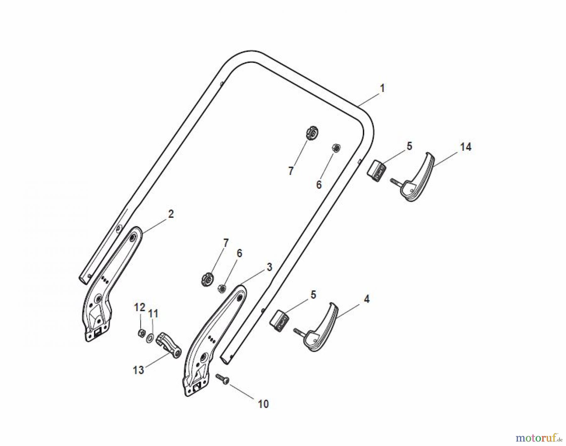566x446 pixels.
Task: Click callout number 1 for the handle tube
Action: pyautogui.click(x=382, y=88)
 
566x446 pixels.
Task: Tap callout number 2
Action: pyautogui.click(x=171, y=214)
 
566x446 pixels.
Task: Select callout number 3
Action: pyautogui.click(x=269, y=267)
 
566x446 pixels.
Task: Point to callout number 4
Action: pyautogui.click(x=366, y=299)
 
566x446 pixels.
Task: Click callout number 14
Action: pyautogui.click(x=466, y=147)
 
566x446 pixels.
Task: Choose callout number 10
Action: pyautogui.click(x=264, y=404)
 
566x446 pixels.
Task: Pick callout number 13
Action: pyautogui.click(x=138, y=370)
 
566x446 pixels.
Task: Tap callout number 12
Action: pyautogui.click(x=140, y=307)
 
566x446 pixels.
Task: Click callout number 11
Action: pyautogui.click(x=153, y=313)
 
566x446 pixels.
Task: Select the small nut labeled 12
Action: pyautogui.click(x=141, y=332)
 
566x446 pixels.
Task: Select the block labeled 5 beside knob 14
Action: pyautogui.click(x=377, y=170)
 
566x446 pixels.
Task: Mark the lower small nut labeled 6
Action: pyautogui.click(x=221, y=288)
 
